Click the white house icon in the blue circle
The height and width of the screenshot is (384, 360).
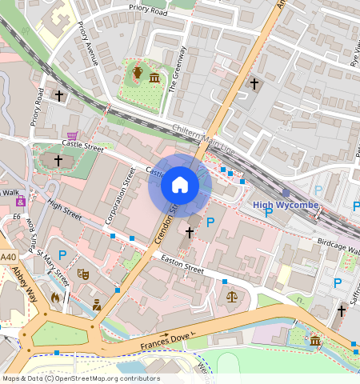[x=180, y=186]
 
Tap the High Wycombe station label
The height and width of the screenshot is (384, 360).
[x=286, y=205]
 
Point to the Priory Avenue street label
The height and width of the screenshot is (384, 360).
[x=87, y=43]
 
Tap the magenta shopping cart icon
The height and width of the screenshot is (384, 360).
[x=72, y=137]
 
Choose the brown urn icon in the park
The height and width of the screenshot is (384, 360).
[x=138, y=74]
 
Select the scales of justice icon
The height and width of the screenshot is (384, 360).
[x=232, y=296]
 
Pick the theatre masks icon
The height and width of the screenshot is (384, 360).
[x=82, y=274]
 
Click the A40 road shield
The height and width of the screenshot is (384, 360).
[x=8, y=257]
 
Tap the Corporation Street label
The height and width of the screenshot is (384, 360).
[x=120, y=194]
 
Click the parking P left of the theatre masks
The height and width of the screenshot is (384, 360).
[x=62, y=255]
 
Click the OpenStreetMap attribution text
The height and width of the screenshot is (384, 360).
[x=81, y=378]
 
